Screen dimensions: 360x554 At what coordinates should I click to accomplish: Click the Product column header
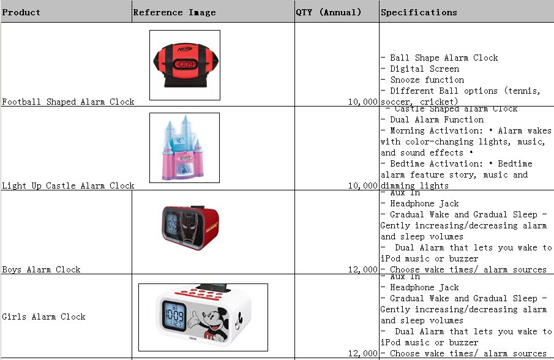21,12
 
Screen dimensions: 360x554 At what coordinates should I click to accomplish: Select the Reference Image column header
174,12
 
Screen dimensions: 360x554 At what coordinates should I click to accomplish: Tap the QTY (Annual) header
328,12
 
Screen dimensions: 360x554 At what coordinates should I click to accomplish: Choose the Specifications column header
419,12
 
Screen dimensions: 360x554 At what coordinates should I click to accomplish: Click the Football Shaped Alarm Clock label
68,102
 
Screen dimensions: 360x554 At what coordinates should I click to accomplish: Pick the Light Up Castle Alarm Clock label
68,186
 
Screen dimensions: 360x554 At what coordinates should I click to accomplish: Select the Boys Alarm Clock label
41,270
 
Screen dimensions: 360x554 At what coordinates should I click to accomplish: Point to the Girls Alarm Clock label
43,317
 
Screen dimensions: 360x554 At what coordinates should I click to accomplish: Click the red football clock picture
184,65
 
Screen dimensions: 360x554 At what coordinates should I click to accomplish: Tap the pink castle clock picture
184,148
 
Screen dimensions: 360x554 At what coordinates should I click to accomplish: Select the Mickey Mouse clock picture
203,317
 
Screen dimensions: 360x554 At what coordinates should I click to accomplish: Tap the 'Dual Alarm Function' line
436,120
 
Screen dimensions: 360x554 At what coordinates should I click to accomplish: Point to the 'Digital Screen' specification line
424,69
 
